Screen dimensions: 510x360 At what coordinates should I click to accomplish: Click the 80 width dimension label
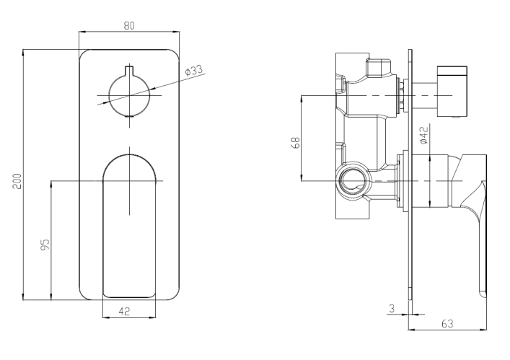coord(129,25)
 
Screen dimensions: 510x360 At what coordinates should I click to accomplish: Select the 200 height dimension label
coord(17,181)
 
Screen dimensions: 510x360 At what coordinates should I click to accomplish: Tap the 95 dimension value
coord(45,245)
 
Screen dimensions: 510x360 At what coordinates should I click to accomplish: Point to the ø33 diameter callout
coord(194,70)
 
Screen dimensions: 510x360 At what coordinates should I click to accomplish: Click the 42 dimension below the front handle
coord(124,311)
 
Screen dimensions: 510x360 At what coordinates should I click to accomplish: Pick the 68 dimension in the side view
coord(296,143)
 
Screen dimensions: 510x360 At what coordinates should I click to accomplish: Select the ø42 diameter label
coord(424,136)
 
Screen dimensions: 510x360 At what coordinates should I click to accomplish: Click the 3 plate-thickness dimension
coord(392,308)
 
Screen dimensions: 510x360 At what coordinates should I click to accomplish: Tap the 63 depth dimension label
coord(447,324)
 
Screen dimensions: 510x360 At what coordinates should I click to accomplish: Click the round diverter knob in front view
coord(129,95)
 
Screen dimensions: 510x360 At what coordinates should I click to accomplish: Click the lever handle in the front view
coord(129,226)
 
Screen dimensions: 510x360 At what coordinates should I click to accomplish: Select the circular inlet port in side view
coord(353,181)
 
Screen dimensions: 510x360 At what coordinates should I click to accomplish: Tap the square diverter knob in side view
coord(452,92)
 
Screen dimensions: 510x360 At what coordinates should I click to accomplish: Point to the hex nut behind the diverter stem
coord(402,95)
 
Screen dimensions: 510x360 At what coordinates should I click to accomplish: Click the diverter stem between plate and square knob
coord(424,95)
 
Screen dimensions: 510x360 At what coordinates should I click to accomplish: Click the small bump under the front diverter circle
coord(129,116)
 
